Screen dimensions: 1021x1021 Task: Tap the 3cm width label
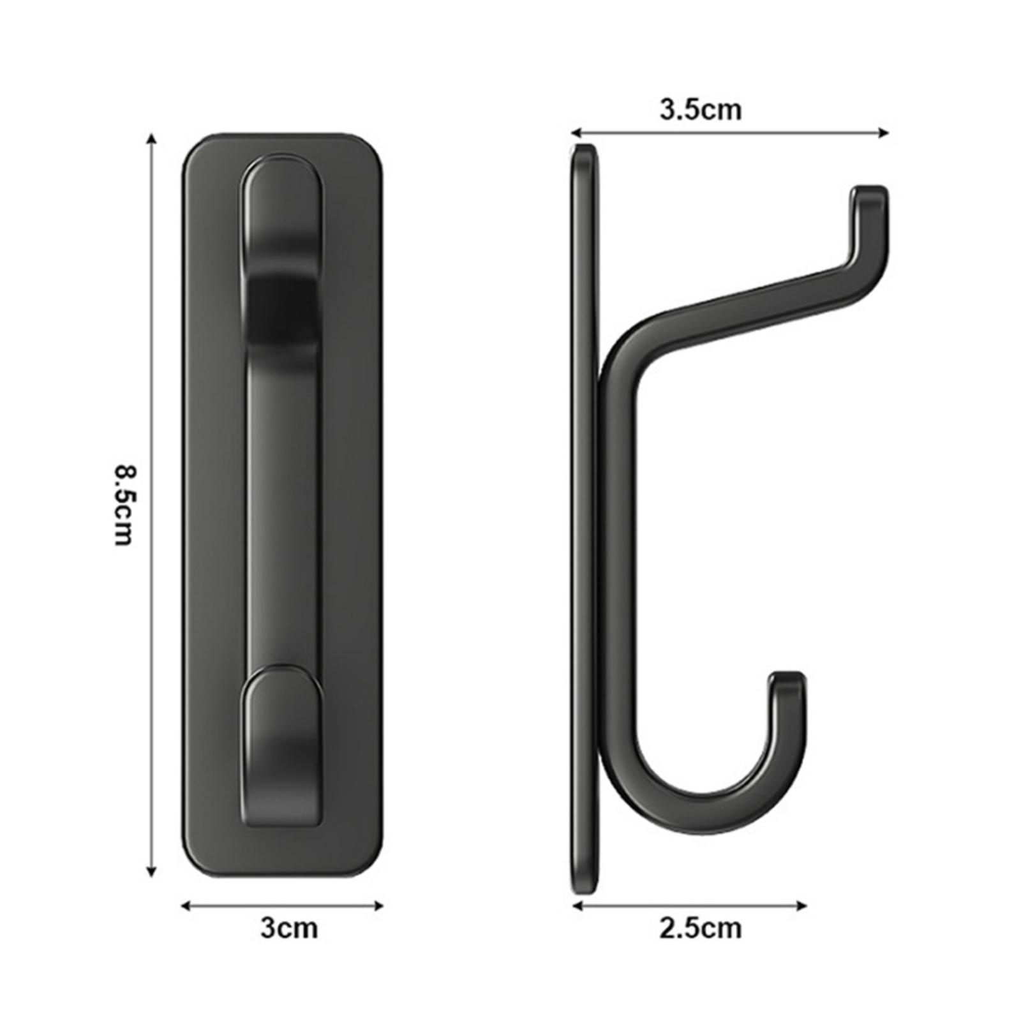point(288,927)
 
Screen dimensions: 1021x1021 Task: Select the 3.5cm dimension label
point(700,110)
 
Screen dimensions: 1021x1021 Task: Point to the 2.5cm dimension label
point(700,927)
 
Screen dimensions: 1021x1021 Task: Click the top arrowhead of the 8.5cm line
point(151,138)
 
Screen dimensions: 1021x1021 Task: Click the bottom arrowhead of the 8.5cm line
point(151,872)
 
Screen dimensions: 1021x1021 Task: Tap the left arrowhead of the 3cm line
point(186,905)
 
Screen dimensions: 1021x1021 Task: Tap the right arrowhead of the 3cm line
point(378,905)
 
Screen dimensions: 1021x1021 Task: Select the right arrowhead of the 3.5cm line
point(884,133)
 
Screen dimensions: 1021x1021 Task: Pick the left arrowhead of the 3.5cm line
point(576,133)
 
